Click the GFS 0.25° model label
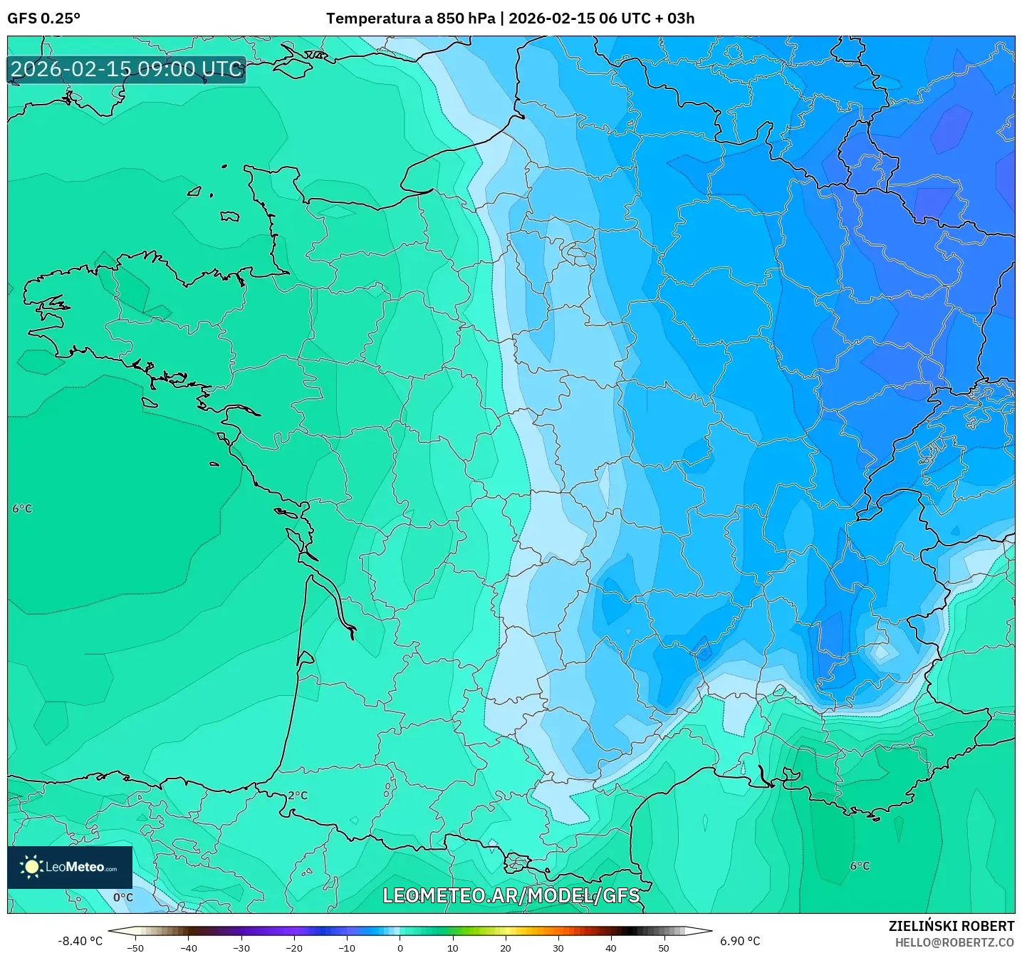pos(43,19)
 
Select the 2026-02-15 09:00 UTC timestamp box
pos(127,70)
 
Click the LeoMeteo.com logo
pos(70,867)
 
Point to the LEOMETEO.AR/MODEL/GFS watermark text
pos(511,895)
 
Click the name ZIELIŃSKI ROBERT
pos(951,926)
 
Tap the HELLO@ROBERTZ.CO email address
pos(954,942)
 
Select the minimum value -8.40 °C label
pos(80,941)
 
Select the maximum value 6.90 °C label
pos(740,941)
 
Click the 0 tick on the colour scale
pos(400,948)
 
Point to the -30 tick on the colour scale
pos(241,948)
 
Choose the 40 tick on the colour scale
pos(610,948)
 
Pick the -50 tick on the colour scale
pos(135,948)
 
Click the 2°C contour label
pos(298,796)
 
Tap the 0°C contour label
pos(123,897)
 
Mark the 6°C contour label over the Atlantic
pos(22,509)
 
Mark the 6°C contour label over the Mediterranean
pos(860,866)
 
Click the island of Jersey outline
pos(229,216)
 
